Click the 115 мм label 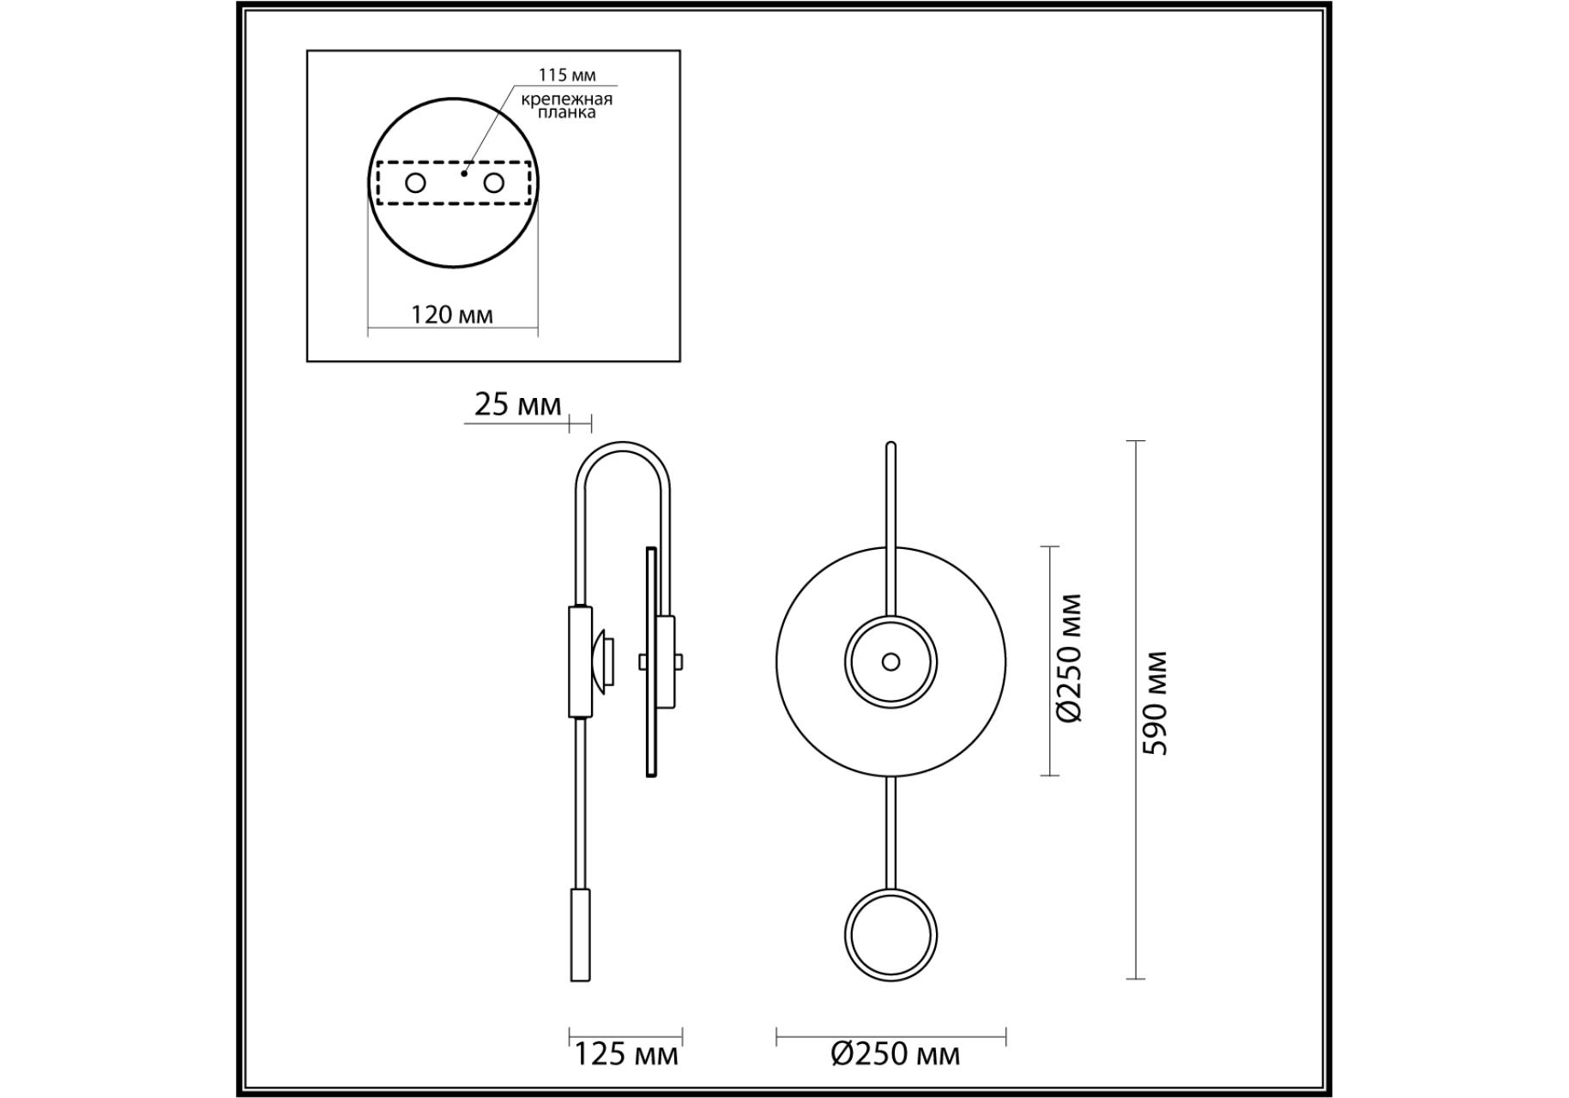click(x=566, y=75)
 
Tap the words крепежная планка click(x=566, y=106)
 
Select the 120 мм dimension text click(x=452, y=315)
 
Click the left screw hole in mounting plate click(x=415, y=183)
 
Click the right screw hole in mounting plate click(x=493, y=183)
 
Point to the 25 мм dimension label click(x=517, y=404)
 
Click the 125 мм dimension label click(x=625, y=1053)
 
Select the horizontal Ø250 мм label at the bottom click(x=896, y=1053)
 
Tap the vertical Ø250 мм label click(x=1070, y=659)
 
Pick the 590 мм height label click(x=1156, y=703)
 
